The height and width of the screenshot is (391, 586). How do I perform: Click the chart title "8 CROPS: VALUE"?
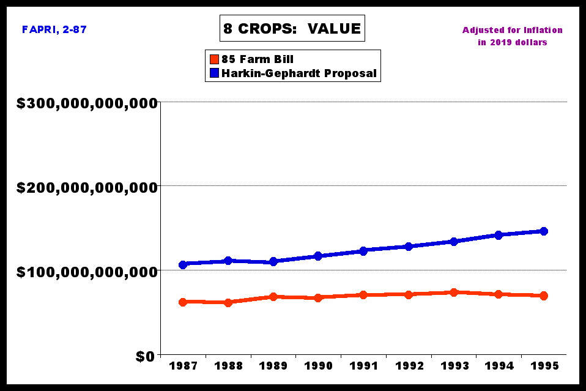pyautogui.click(x=292, y=28)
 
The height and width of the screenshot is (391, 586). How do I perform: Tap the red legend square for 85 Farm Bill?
pyautogui.click(x=214, y=59)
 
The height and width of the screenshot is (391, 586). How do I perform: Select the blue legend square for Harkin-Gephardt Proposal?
pyautogui.click(x=214, y=73)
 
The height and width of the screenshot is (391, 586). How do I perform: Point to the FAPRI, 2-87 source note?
pyautogui.click(x=54, y=29)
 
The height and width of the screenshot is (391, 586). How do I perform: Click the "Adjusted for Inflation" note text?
pyautogui.click(x=512, y=30)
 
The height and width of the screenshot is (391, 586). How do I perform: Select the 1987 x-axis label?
pyautogui.click(x=182, y=366)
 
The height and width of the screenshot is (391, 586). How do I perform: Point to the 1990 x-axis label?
pyautogui.click(x=318, y=366)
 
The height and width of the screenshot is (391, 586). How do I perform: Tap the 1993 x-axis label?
pyautogui.click(x=454, y=366)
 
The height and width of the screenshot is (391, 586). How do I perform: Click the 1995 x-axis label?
pyautogui.click(x=544, y=366)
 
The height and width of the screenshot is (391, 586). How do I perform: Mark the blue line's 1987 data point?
pyautogui.click(x=182, y=264)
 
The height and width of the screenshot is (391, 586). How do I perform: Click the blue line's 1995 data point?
pyautogui.click(x=544, y=231)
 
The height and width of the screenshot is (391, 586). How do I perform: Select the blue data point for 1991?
pyautogui.click(x=363, y=251)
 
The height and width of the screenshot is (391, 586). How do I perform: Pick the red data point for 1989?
pyautogui.click(x=273, y=297)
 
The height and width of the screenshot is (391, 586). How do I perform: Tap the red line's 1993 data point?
pyautogui.click(x=454, y=292)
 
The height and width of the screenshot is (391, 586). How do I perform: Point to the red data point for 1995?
pyautogui.click(x=544, y=296)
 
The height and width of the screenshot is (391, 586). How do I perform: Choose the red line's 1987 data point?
pyautogui.click(x=182, y=302)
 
